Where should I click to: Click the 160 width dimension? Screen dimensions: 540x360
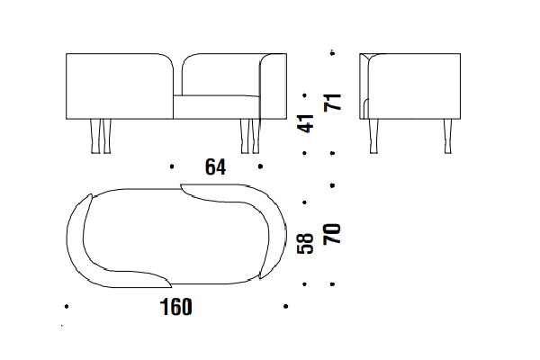(x=176, y=307)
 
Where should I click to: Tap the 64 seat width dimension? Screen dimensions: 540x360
(x=216, y=167)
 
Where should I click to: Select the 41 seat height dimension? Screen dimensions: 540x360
(x=305, y=123)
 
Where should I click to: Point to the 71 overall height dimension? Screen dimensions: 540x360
(x=333, y=102)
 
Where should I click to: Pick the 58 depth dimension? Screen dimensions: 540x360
(x=305, y=243)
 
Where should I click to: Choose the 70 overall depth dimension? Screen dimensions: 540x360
(x=332, y=234)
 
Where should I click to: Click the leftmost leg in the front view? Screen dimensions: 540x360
(x=95, y=136)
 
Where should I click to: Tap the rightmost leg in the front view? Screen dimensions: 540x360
(x=256, y=136)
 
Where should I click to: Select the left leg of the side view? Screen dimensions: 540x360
(x=373, y=136)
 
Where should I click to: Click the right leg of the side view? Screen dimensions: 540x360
(x=447, y=136)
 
